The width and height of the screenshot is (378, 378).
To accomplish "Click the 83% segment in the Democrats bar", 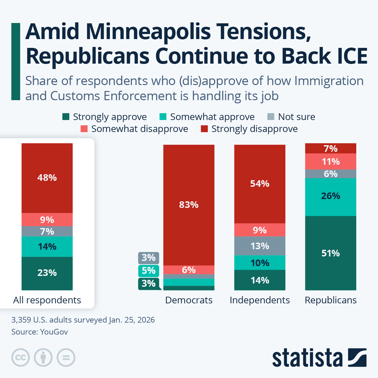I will click(x=189, y=205).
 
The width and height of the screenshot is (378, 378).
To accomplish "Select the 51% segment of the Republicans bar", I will click(x=330, y=253).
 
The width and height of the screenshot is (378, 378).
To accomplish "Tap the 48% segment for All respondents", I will click(x=47, y=178).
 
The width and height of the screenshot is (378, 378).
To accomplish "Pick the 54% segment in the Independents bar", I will click(x=260, y=184).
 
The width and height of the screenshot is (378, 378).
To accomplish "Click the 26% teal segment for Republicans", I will click(x=330, y=196).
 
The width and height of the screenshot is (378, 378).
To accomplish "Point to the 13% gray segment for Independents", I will click(x=260, y=246).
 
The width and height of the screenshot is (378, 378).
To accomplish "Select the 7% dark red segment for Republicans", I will click(x=330, y=148).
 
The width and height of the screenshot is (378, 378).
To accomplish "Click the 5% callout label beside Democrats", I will click(x=148, y=271).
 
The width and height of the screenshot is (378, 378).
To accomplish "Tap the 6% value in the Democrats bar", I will click(x=189, y=270).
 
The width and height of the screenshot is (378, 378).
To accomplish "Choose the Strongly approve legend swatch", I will click(x=66, y=117).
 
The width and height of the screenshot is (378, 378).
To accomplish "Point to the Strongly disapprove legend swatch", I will click(x=204, y=129).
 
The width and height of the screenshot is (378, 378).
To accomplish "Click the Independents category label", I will click(x=260, y=300).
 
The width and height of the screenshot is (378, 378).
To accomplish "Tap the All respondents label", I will click(x=47, y=300).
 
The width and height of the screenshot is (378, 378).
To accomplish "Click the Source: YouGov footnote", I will click(x=40, y=332).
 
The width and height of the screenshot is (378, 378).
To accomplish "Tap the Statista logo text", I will click(x=307, y=358).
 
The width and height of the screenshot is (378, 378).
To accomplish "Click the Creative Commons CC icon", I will click(x=20, y=358).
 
